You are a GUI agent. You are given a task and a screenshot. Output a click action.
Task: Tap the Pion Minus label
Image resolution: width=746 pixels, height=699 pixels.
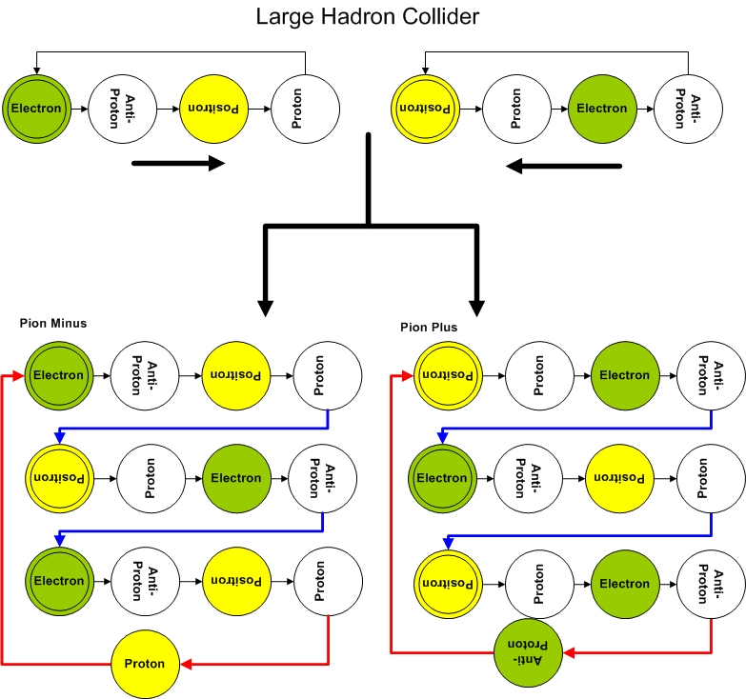[x=53, y=323]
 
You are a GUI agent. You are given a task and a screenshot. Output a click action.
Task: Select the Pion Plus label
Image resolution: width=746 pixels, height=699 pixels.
[x=429, y=327]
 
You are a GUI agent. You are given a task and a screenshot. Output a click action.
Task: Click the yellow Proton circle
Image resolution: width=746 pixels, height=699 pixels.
[x=146, y=664]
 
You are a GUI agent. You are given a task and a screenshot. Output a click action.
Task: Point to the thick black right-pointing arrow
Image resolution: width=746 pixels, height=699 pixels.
[x=177, y=164]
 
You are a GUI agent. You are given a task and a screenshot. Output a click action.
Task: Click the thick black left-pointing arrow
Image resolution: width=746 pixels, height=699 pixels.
[x=563, y=167]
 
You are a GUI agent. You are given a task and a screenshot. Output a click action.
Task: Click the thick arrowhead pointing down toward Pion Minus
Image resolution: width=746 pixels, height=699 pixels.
[x=266, y=307]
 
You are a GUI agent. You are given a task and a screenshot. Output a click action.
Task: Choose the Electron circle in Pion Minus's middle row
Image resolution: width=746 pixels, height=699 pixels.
[x=237, y=478]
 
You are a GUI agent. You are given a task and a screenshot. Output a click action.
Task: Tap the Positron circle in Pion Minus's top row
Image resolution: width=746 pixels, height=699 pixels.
[x=237, y=375]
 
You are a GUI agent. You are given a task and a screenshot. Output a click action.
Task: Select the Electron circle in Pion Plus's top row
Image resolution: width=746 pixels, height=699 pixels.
[x=625, y=375]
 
